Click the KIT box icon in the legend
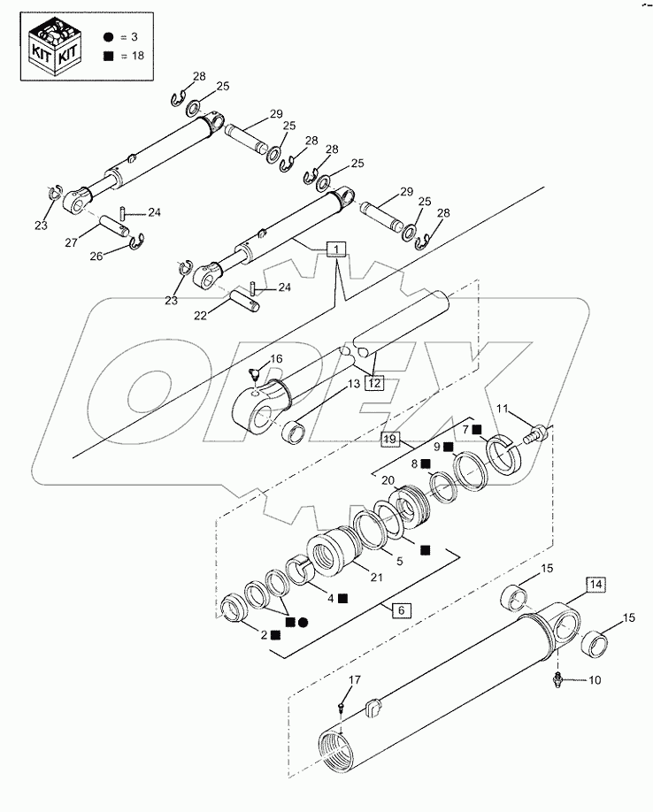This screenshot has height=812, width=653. (x=56, y=46)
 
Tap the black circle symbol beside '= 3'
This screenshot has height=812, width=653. (x=107, y=38)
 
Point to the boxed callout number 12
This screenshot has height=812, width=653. (x=374, y=383)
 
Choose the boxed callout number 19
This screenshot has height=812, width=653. (x=390, y=438)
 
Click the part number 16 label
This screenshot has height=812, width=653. (x=276, y=358)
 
